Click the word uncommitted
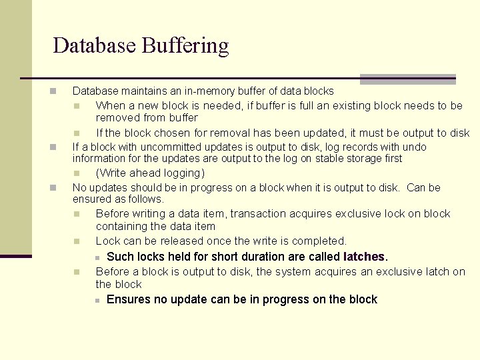tap(156, 147)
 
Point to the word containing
tap(121, 227)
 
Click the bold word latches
tap(364, 257)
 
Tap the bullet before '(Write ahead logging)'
tap(77, 173)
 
